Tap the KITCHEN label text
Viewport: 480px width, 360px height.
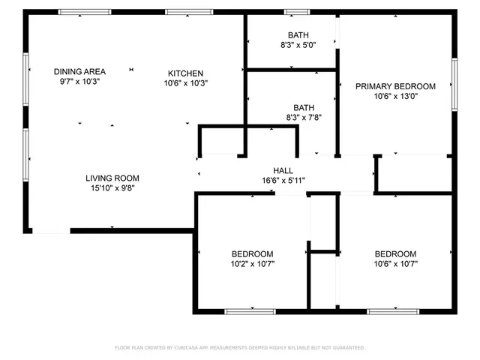[185, 73]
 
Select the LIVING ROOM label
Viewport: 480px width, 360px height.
[112, 178]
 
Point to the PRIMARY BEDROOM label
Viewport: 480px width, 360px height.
[395, 86]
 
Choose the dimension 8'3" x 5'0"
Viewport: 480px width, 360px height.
[298, 44]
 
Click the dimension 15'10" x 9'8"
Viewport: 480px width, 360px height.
[112, 188]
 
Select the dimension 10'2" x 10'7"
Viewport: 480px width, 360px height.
[252, 264]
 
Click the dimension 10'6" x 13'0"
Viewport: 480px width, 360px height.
[395, 96]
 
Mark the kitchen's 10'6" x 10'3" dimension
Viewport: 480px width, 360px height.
[185, 82]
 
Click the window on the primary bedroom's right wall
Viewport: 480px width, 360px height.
[454, 84]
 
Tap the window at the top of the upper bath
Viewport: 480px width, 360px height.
[297, 11]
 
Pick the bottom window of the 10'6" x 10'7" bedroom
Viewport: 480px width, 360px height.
[393, 310]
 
